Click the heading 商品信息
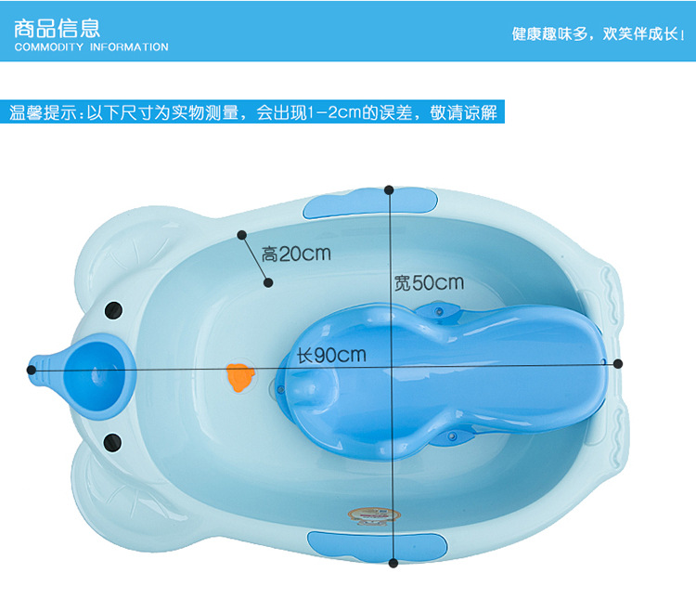point(57,28)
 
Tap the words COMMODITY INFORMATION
point(92,47)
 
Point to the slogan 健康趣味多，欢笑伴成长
point(598,33)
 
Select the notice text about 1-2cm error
point(253,112)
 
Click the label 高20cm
point(296,254)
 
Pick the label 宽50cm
point(429,283)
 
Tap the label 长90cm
point(331,355)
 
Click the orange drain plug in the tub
point(240,377)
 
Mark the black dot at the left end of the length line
point(31,370)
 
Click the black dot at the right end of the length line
point(618,364)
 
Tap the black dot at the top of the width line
point(389,190)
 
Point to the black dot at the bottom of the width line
point(393,563)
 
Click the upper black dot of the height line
point(242,235)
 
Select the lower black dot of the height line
point(268,282)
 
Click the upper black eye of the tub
point(113,310)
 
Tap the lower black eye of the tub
point(112,442)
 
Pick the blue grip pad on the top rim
point(370,202)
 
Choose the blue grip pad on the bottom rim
point(378,546)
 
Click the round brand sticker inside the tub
point(374,515)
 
